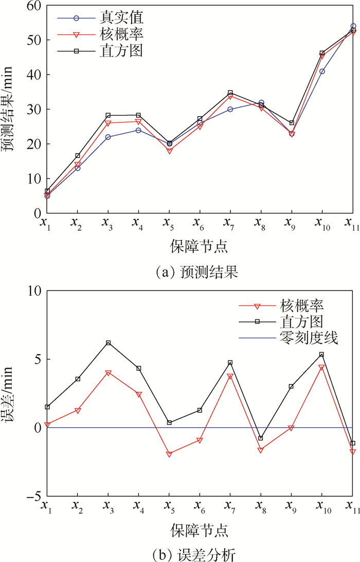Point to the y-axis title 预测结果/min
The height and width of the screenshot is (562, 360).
pos(10,109)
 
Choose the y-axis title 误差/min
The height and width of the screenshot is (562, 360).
pos(10,393)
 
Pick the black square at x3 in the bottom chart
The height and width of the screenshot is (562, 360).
pos(107,343)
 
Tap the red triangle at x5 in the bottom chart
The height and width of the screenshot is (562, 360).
pos(169,454)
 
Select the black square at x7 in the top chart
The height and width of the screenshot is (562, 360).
pos(230,93)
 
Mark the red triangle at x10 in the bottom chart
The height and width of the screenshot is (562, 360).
pos(322,368)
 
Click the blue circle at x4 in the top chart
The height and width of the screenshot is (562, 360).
pos(138,130)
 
